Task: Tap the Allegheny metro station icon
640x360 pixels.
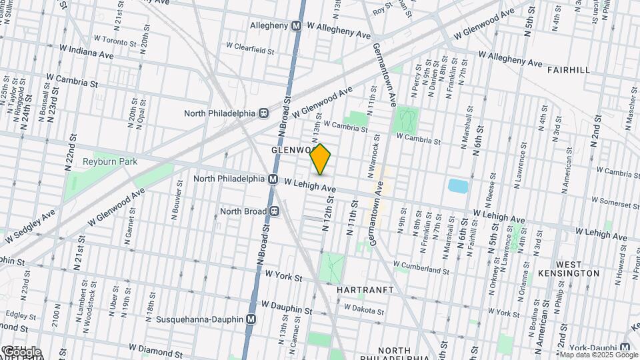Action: coord(299,25)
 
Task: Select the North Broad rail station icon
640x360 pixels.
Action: coord(274,211)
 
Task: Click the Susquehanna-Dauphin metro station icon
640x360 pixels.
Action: coord(251,319)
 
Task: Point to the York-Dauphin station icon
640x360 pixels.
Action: coord(625,347)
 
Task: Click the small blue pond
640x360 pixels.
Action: coord(458,185)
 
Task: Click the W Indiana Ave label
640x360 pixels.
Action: coord(87,49)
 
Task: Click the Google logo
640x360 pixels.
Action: coord(21,351)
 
